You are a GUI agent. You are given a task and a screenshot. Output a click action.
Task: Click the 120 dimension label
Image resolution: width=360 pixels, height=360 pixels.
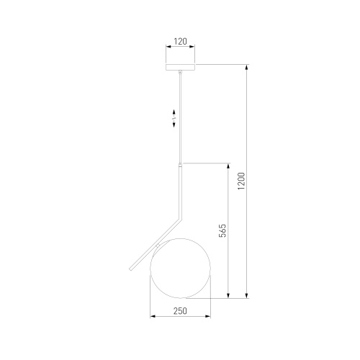coord(180,42)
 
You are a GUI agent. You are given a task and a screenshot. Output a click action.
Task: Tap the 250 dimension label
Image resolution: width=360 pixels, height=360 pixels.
coord(180,311)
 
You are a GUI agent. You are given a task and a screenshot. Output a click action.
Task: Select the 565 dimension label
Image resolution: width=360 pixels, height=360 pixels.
coord(222,230)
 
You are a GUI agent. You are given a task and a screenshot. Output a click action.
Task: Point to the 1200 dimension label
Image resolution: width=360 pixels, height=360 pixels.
coord(241,181)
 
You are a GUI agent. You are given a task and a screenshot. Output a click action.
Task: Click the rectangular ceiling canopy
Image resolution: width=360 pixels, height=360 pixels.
coord(180,67)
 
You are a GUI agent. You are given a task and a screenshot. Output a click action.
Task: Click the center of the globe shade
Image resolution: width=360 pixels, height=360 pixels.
coord(180,269)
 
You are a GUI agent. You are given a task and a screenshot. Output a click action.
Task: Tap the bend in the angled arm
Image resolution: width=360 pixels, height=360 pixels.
coord(181,218)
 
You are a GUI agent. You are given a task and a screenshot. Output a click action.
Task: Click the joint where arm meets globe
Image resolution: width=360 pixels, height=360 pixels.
coord(158,246)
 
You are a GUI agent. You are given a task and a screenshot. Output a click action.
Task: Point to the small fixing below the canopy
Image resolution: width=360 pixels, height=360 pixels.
coord(180,72)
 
